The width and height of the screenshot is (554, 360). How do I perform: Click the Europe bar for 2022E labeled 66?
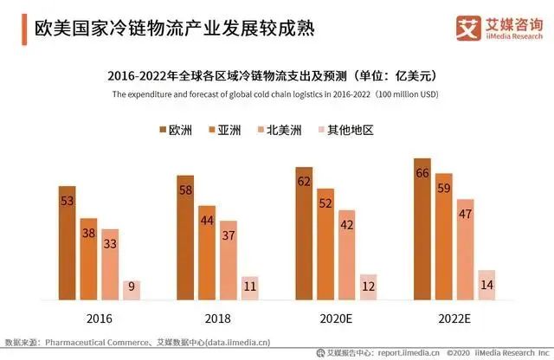coord(422,229)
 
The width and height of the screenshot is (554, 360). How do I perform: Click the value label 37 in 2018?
coord(228,235)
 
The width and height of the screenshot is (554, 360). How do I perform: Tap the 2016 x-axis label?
coord(99,318)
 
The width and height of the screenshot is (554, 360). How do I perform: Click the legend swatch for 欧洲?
coord(164,131)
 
